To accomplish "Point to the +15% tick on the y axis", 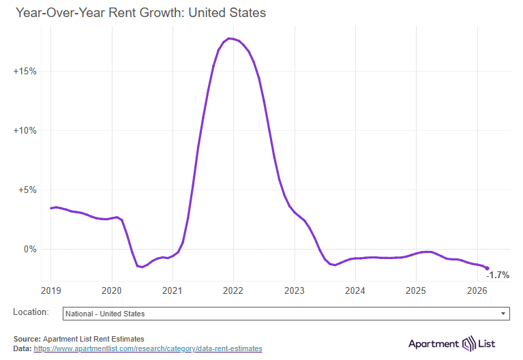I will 25,72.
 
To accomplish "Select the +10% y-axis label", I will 25,131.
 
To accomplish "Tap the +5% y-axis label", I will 27,190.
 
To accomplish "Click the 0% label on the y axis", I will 30,250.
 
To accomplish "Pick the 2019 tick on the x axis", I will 50,290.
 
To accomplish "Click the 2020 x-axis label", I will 111,290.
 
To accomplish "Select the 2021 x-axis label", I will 173,290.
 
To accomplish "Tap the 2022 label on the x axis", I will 233,290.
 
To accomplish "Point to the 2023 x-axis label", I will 295,290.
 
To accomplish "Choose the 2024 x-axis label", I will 355,290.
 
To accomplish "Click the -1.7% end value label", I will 498,275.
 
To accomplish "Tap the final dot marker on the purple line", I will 487,268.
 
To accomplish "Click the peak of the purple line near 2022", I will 230,38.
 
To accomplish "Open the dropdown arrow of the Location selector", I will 503,314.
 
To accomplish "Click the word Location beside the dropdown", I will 31,312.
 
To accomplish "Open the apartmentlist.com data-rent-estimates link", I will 147,348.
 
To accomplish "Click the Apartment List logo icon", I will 468,343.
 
